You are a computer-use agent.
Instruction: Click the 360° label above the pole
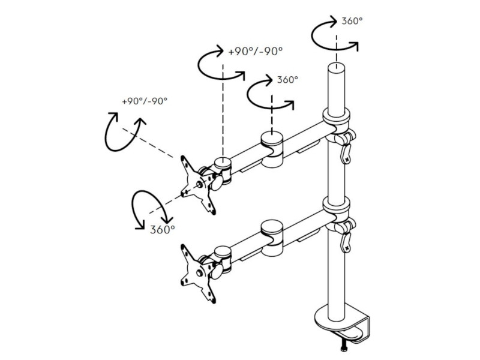click(x=352, y=21)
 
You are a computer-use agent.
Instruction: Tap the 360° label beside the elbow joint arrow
click(x=287, y=79)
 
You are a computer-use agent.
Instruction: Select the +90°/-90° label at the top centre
click(x=255, y=52)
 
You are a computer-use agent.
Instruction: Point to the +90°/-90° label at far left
click(x=144, y=100)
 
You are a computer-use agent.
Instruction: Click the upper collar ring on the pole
click(x=336, y=116)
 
